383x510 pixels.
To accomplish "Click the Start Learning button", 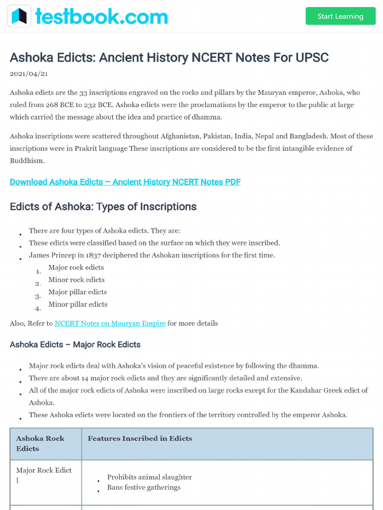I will click(x=340, y=16).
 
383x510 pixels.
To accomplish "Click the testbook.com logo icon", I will click(x=19, y=16).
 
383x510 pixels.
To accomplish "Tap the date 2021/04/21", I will click(x=29, y=74).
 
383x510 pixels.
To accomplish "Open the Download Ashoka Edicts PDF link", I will click(x=125, y=182).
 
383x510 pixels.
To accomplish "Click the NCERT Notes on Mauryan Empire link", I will click(x=110, y=323).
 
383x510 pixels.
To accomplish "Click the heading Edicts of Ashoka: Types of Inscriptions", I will click(x=103, y=207).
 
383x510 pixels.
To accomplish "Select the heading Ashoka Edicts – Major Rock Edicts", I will click(x=75, y=345).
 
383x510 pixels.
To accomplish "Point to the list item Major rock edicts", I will click(x=76, y=267).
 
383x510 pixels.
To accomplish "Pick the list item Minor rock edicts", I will click(x=76, y=280).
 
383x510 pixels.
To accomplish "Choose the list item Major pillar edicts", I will click(x=77, y=292).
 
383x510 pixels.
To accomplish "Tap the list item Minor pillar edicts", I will click(x=78, y=304).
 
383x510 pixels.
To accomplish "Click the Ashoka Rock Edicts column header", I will click(x=40, y=443).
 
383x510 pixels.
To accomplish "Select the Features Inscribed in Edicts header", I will click(x=140, y=439).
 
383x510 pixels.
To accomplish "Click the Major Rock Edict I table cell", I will click(x=44, y=475).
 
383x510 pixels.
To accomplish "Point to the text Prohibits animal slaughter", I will click(x=149, y=477).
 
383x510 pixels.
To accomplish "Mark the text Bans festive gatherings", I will click(x=144, y=488).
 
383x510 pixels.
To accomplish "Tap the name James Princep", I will click(x=52, y=255).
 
